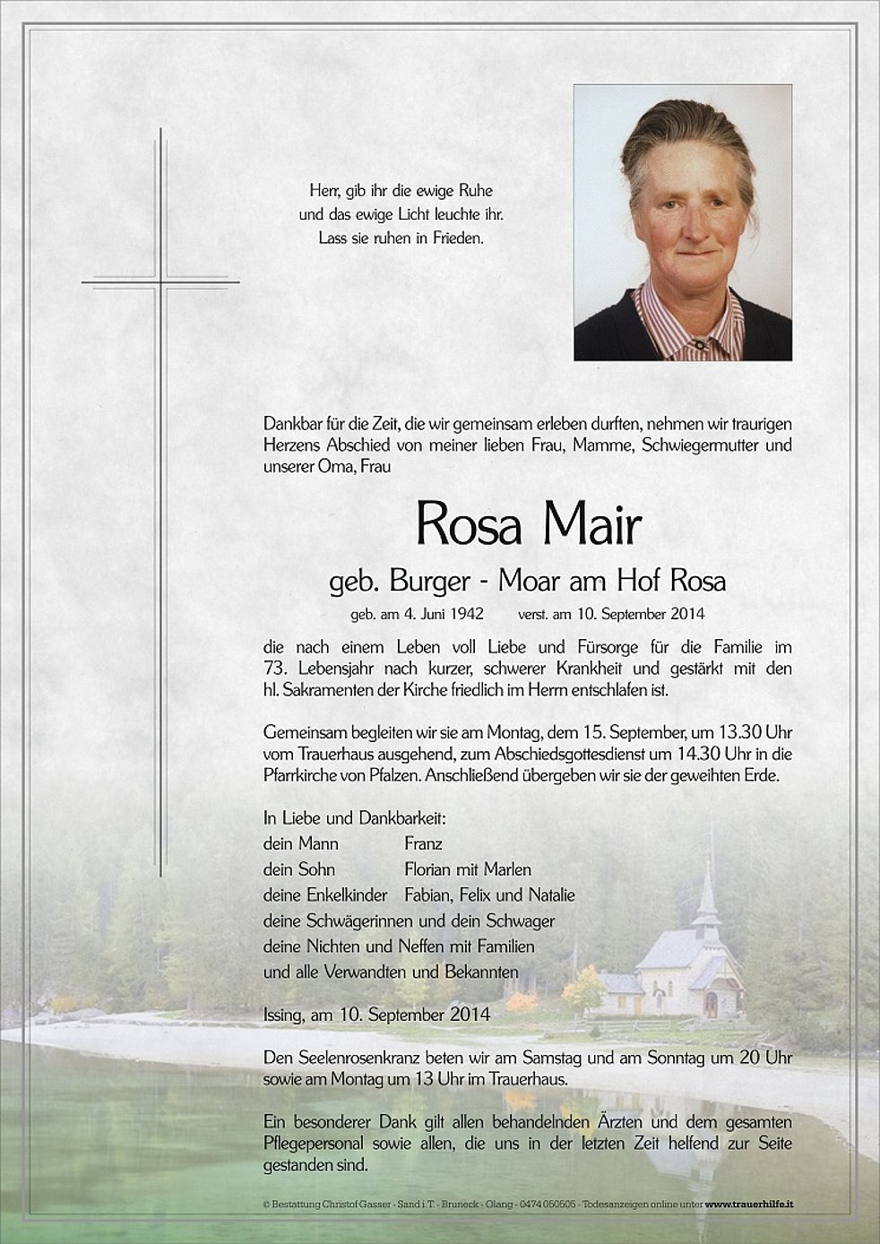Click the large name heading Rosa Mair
point(529,526)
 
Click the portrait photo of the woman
point(682,222)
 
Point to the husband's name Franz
point(423,843)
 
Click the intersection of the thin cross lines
point(161,283)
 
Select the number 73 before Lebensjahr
point(273,670)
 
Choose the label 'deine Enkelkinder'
point(324,894)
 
